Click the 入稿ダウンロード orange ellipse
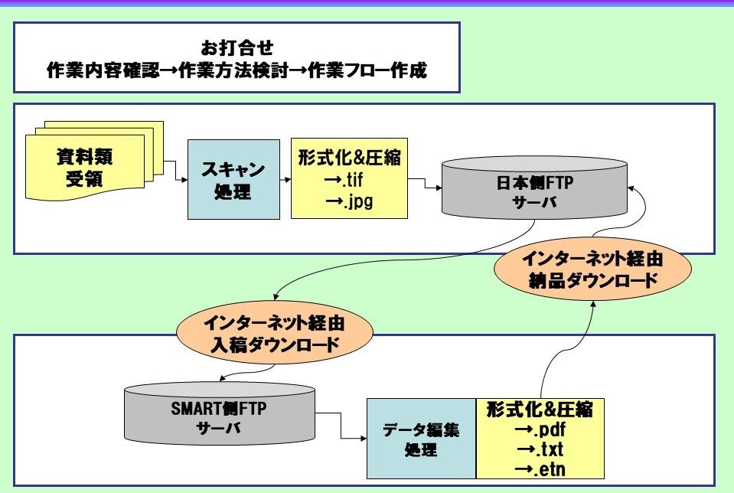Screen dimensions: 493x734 [x=275, y=332]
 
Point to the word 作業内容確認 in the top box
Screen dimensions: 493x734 [x=103, y=70]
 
